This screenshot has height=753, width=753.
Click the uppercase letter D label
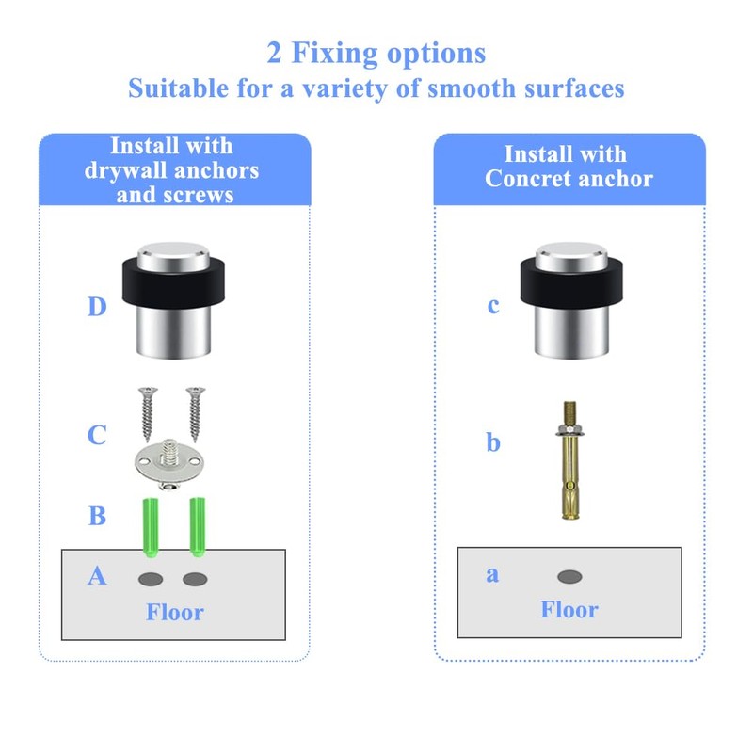97,307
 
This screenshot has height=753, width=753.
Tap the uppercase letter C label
97,435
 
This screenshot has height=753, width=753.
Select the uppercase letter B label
98,516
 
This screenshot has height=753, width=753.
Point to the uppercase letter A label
97,575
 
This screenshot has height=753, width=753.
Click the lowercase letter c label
493,306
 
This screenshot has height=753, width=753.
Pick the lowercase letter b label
493,441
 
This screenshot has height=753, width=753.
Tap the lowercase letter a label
492,574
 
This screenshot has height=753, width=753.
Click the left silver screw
148,414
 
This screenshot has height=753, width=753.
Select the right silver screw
196,414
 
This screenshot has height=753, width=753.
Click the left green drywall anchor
151,528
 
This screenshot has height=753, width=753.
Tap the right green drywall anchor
198,527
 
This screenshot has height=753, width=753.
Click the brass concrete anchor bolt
569,459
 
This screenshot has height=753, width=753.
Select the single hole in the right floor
569,577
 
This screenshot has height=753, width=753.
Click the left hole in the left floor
151,579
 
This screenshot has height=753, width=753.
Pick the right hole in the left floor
195,579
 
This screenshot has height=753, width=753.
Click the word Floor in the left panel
175,613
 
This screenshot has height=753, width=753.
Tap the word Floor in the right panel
569,610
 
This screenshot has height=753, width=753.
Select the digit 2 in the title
274,53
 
